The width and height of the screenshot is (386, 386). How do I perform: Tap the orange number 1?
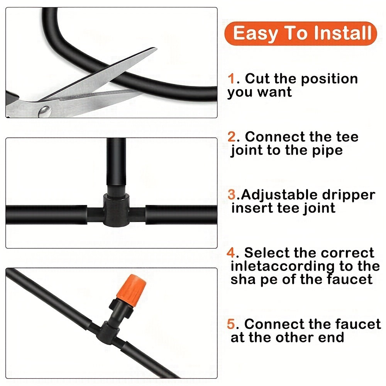click(231, 79)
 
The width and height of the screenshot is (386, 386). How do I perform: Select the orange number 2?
click(231, 137)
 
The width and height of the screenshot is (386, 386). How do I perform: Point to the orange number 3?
click(231, 195)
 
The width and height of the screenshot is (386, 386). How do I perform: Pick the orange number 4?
click(231, 253)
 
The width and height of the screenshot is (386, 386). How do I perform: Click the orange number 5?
click(231, 324)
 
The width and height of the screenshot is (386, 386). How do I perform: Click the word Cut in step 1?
click(257, 79)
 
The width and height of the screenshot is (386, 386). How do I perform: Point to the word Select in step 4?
click(266, 253)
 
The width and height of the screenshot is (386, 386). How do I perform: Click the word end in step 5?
click(330, 337)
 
